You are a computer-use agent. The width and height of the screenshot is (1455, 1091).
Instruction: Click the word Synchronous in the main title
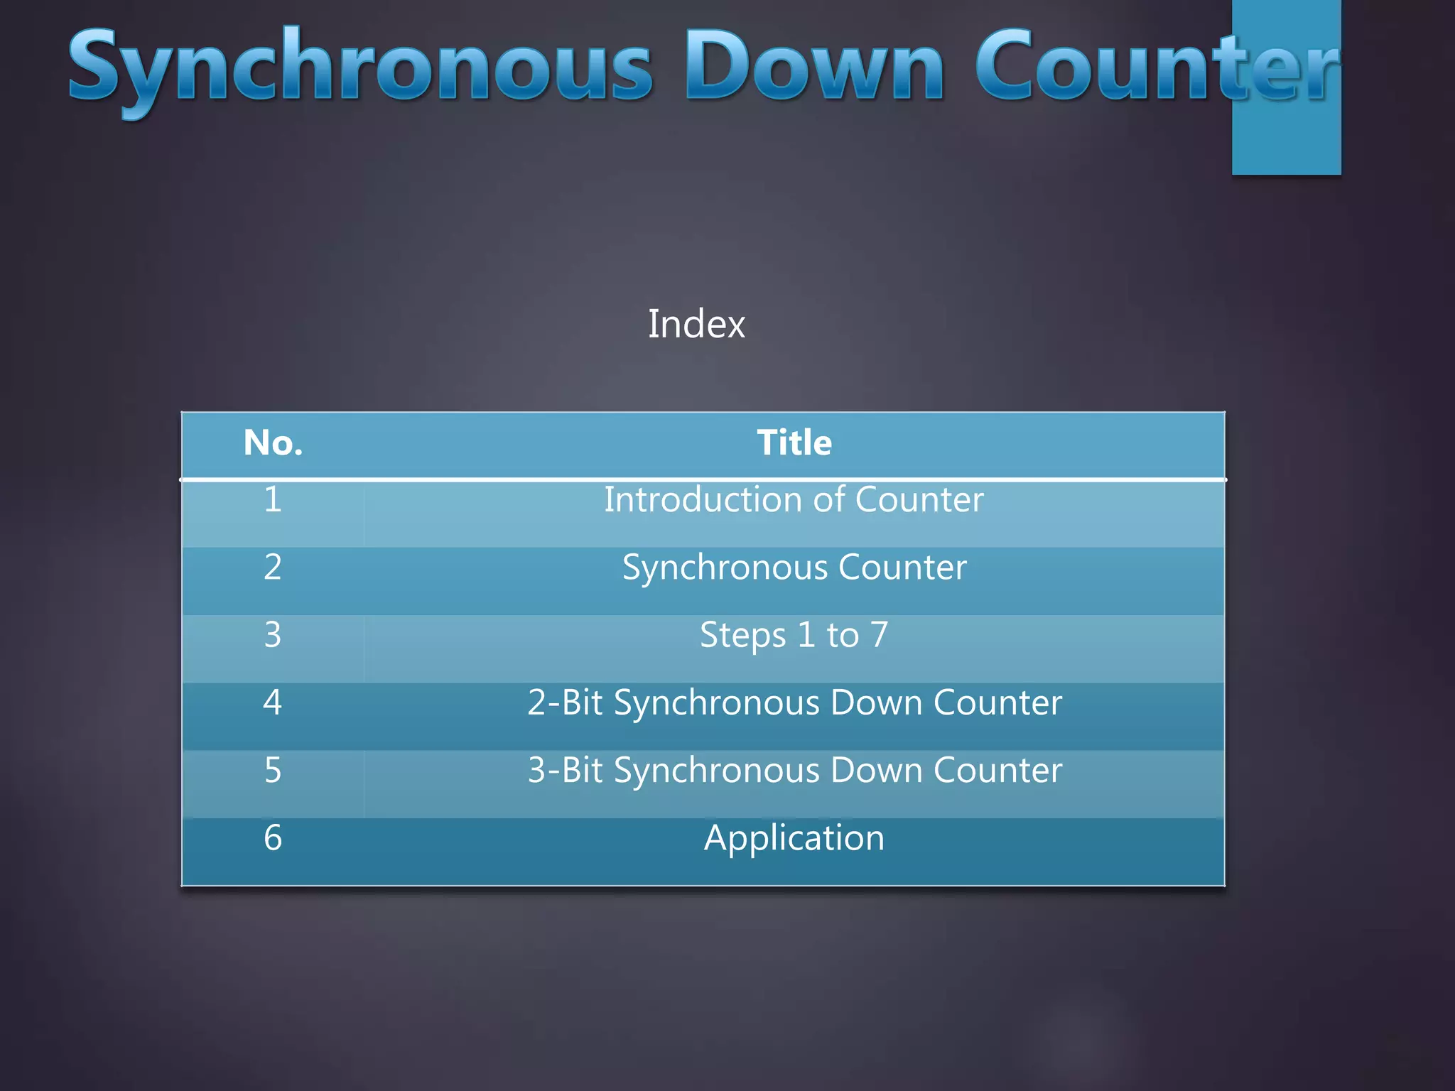359,67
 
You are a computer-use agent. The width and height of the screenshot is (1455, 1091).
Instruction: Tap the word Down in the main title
814,67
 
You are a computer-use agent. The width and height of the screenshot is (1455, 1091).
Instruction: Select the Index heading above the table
696,324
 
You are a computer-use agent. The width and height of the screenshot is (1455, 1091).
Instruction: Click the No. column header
273,443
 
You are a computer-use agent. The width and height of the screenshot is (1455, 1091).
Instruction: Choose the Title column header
794,443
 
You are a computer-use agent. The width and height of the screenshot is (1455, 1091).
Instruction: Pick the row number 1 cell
273,499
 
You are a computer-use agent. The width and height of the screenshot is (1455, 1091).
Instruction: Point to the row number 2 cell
273,567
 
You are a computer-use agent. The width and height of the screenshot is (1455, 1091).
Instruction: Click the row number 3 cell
273,634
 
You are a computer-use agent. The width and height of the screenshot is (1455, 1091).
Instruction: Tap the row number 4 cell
273,702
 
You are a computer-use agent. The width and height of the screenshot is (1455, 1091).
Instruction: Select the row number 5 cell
273,770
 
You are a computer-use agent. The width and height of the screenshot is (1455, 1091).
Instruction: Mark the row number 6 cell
273,837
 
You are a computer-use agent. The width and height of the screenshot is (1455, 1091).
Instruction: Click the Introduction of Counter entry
794,499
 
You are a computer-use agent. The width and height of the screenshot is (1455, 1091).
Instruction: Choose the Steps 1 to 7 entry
794,634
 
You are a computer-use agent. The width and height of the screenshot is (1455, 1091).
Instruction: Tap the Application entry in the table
794,837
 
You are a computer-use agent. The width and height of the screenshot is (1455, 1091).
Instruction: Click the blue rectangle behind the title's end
1286,142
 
